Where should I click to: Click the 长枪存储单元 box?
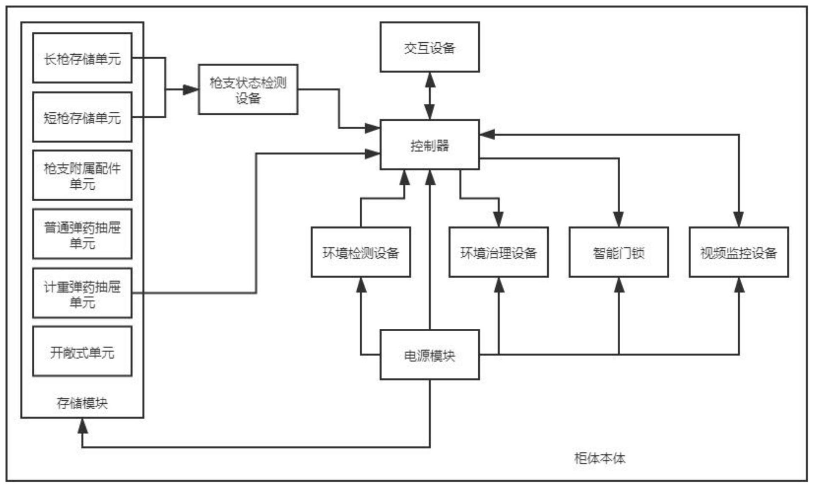pyautogui.click(x=82, y=58)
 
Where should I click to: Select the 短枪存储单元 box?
pyautogui.click(x=82, y=117)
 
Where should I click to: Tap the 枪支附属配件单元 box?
pyautogui.click(x=82, y=175)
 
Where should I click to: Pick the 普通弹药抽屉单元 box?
pyautogui.click(x=82, y=234)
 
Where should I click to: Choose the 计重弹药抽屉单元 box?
pyautogui.click(x=82, y=293)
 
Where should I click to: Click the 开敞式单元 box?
pyautogui.click(x=82, y=352)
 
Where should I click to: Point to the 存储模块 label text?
pyautogui.click(x=82, y=403)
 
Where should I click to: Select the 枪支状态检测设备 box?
pyautogui.click(x=248, y=89)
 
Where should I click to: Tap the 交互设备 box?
pyautogui.click(x=430, y=47)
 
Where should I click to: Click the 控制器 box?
pyautogui.click(x=430, y=145)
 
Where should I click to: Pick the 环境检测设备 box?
pyautogui.click(x=361, y=252)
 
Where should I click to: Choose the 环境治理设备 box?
pyautogui.click(x=499, y=252)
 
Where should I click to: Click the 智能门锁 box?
pyautogui.click(x=619, y=252)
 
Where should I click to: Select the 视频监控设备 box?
pyautogui.click(x=739, y=252)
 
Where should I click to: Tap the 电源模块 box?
pyautogui.click(x=430, y=355)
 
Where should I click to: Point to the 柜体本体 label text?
pyautogui.click(x=599, y=458)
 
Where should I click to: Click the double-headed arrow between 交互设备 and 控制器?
pyautogui.click(x=430, y=96)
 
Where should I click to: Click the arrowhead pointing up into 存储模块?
pyautogui.click(x=83, y=425)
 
